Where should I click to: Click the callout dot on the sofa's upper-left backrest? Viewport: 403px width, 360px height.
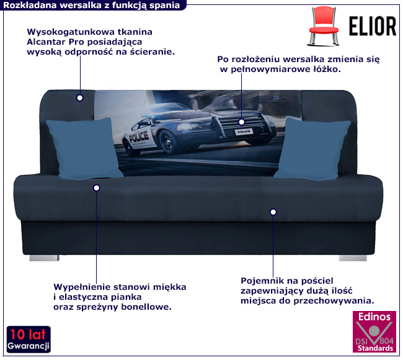tap(79, 97)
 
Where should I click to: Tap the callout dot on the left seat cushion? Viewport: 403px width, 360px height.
tap(96, 187)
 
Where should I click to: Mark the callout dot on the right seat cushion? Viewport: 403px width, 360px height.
tap(272, 212)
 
